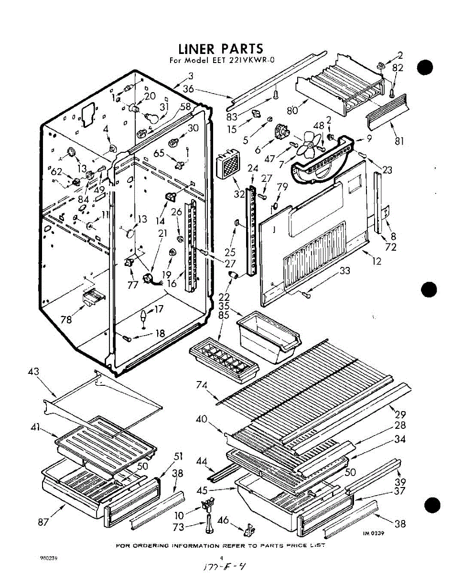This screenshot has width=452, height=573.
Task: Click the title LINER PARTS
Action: click(x=220, y=49)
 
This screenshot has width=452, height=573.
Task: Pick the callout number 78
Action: click(x=67, y=319)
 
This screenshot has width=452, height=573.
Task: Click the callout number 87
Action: click(x=43, y=522)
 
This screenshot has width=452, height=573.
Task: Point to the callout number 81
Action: click(x=400, y=140)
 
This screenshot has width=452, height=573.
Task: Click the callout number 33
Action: click(x=345, y=271)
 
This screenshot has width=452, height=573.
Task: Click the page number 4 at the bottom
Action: click(x=221, y=558)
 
